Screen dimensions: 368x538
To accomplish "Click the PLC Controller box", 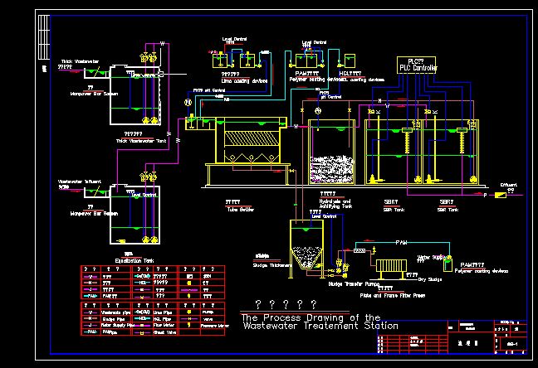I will point(418,64).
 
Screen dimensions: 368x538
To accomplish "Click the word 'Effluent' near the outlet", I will point(510,185).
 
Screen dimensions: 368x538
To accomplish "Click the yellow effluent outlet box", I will point(500,195).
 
